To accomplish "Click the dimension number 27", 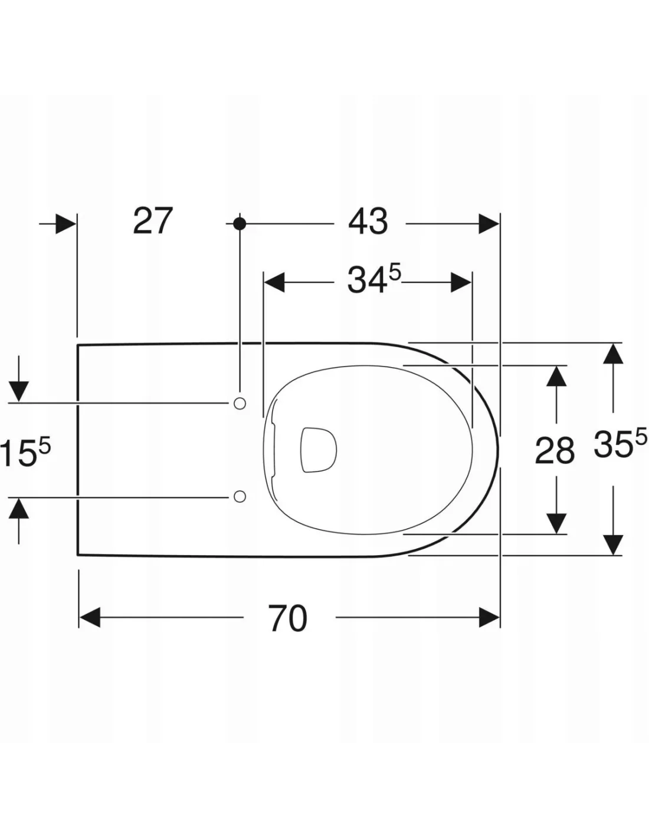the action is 152,221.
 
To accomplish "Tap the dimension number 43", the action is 368,223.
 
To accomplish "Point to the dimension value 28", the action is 555,450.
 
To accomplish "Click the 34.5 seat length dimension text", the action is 374,279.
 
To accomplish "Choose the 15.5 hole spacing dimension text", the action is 25,453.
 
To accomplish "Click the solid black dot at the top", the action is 240,223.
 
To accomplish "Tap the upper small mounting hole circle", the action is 240,403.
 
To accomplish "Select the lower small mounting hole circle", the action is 240,496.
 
